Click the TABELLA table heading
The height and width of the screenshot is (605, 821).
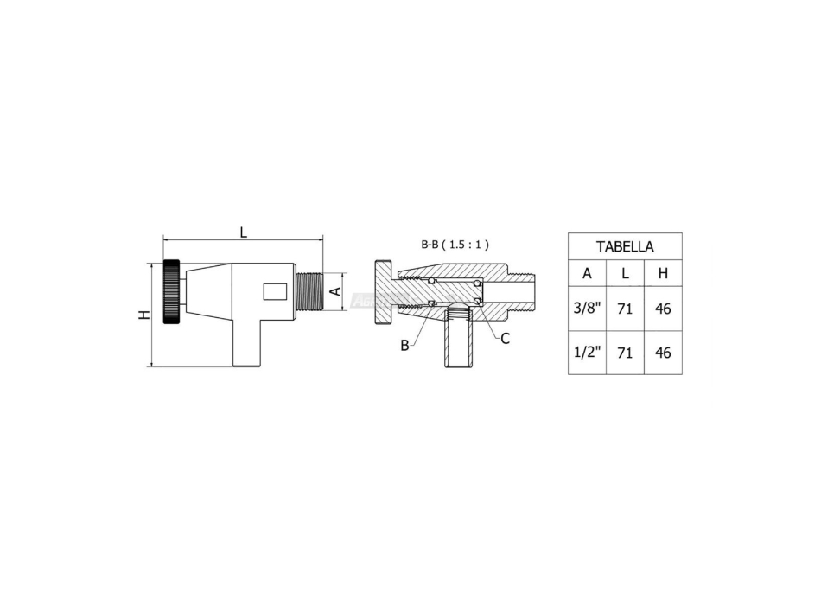click(x=625, y=246)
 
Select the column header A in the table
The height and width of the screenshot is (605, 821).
click(x=587, y=274)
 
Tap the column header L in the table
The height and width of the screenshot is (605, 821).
click(x=625, y=274)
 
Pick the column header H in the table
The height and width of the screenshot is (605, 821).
click(x=663, y=274)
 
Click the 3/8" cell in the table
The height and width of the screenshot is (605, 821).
click(x=587, y=309)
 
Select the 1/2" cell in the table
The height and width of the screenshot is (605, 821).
click(x=587, y=353)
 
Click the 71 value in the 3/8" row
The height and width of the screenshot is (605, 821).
click(x=625, y=309)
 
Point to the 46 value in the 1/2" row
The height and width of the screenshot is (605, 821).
click(x=663, y=353)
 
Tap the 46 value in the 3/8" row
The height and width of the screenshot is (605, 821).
click(x=663, y=309)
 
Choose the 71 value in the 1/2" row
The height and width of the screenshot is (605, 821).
click(x=625, y=353)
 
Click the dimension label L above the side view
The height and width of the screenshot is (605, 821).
click(x=244, y=232)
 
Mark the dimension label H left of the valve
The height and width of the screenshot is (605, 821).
click(x=144, y=315)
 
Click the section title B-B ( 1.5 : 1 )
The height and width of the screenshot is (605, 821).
click(x=455, y=245)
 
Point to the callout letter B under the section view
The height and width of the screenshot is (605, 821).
click(x=404, y=346)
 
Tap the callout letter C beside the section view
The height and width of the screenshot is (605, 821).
click(x=505, y=339)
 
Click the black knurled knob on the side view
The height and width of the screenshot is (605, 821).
click(x=173, y=293)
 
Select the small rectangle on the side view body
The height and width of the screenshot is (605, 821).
click(x=274, y=292)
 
